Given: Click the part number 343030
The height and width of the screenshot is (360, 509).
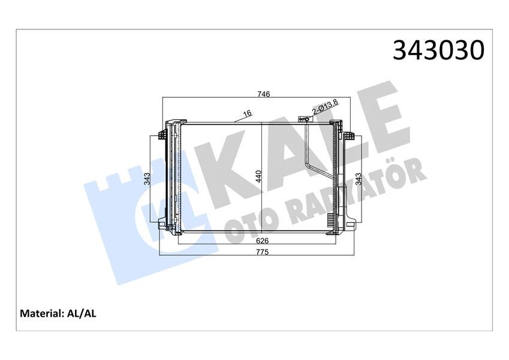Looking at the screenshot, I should coord(438,50).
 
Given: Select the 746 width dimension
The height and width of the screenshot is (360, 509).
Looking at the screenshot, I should coord(264,94).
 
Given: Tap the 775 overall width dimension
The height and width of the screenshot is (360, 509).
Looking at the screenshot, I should coord(262,252).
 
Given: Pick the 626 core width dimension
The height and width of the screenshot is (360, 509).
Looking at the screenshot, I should coord(262,240).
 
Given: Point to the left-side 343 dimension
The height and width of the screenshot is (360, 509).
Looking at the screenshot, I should coord(147,179).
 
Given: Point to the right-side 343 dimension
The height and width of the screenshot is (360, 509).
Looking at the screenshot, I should coord(359,179).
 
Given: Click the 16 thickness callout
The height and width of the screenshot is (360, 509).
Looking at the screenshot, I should coord(246,113).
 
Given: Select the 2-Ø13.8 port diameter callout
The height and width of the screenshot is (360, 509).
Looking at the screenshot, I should coord(325,108).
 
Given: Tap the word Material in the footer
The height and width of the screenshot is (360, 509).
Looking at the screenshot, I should coord(40,313).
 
